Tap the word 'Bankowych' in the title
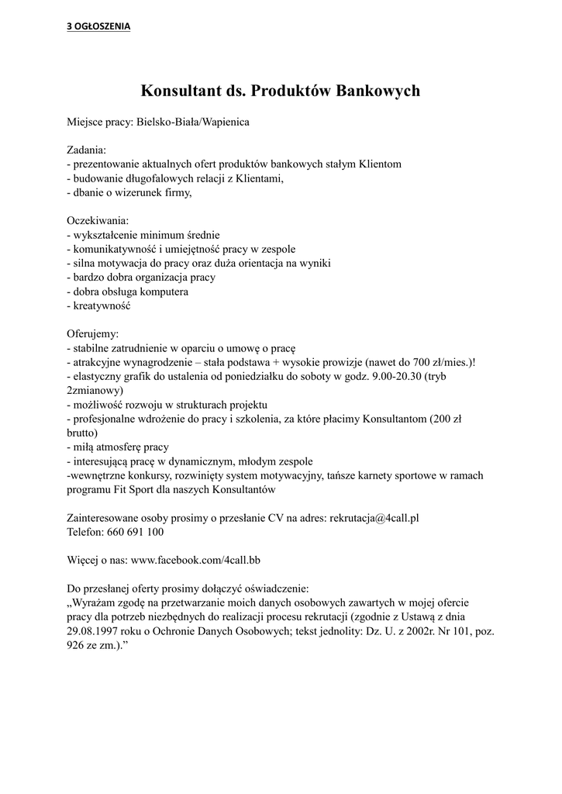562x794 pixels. click(x=378, y=91)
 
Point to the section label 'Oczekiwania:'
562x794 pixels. click(x=98, y=221)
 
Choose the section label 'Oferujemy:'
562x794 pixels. click(x=93, y=334)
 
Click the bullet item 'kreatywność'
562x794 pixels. click(x=102, y=306)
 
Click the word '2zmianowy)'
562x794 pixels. click(x=95, y=391)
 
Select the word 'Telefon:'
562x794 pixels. click(x=85, y=532)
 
